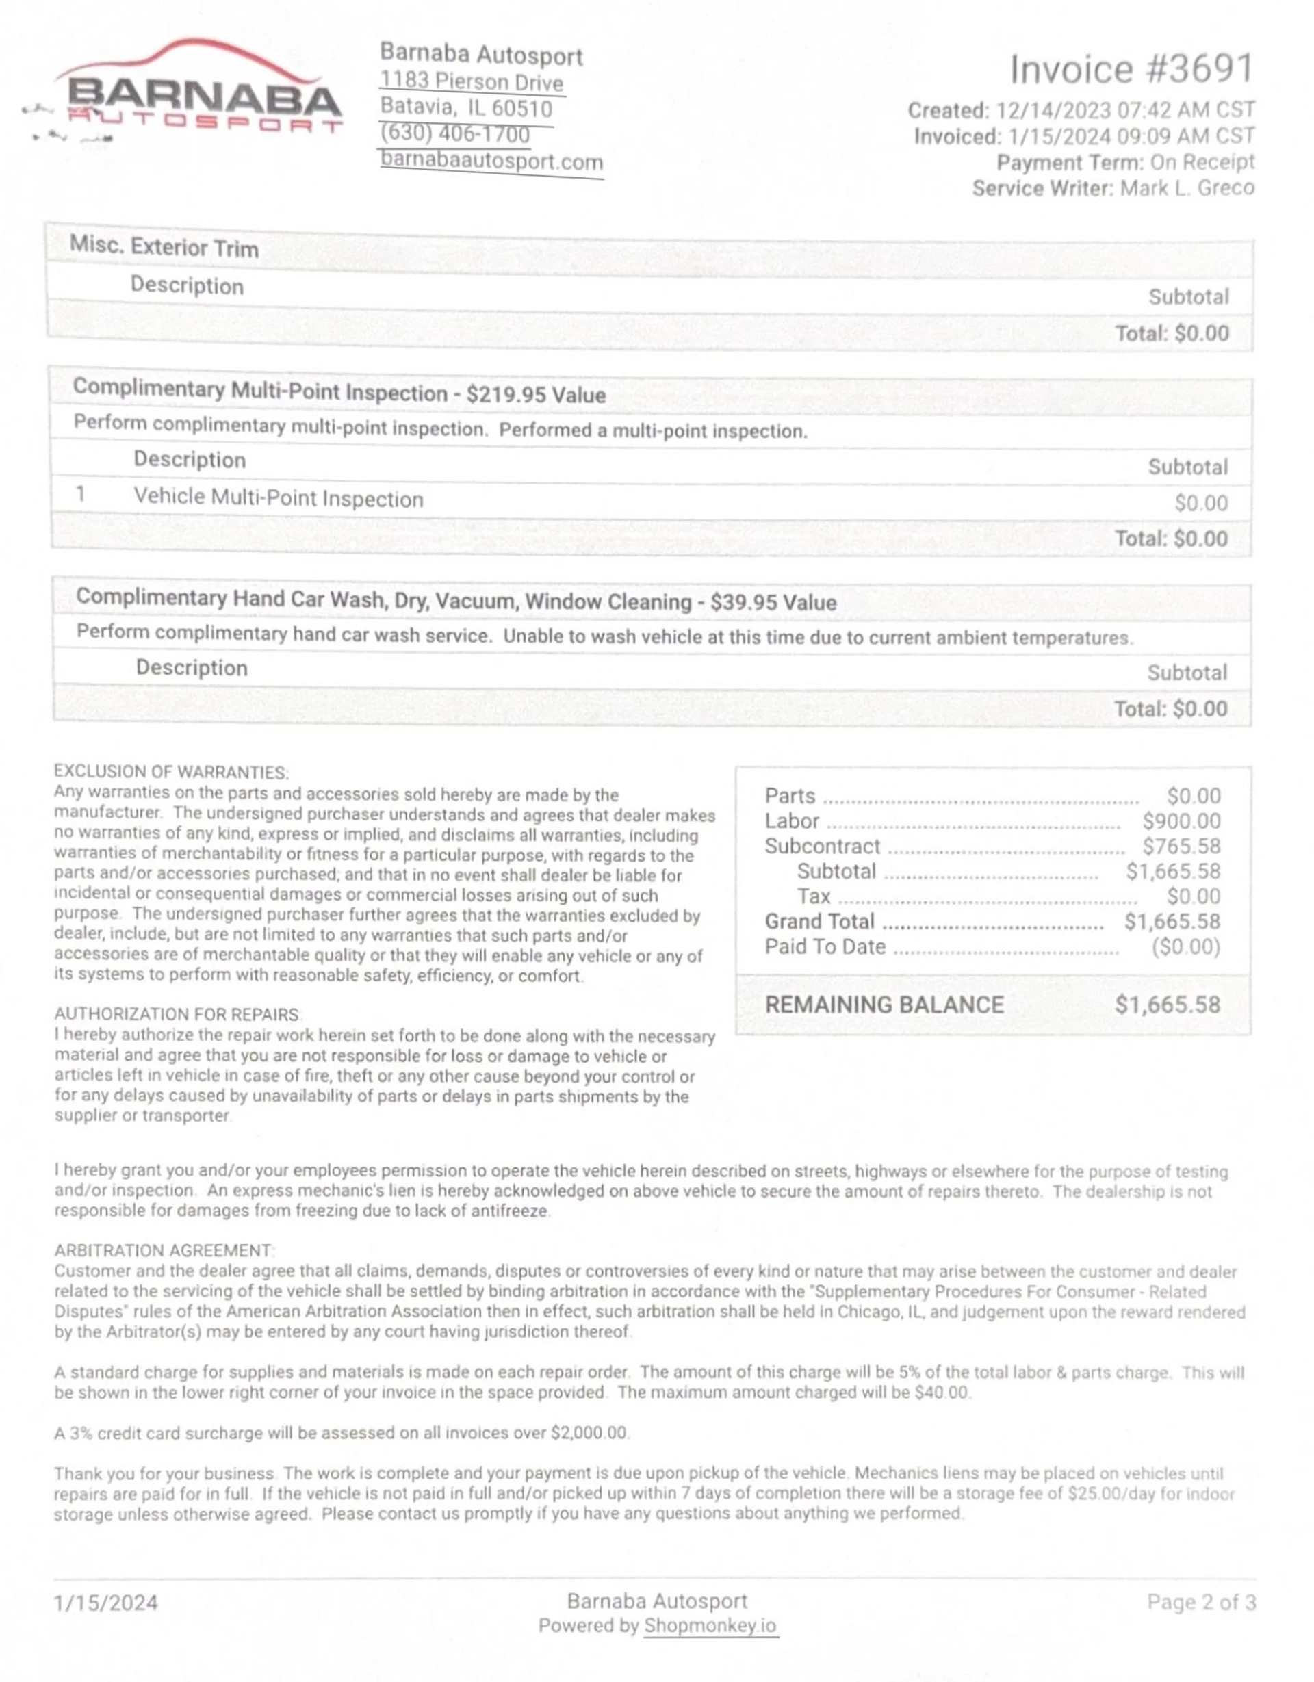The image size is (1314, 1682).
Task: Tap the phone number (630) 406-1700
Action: click(454, 134)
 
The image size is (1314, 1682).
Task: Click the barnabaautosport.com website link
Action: click(491, 161)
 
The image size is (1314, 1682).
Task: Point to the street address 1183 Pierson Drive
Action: click(472, 81)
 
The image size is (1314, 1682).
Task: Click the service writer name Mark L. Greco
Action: click(1187, 189)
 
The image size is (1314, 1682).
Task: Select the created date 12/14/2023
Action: click(1053, 111)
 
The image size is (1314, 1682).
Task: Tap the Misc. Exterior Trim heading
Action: click(164, 246)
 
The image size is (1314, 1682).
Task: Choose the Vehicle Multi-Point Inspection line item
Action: click(278, 498)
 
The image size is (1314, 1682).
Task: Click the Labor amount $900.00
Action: click(1181, 822)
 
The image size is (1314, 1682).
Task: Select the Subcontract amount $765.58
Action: click(1181, 847)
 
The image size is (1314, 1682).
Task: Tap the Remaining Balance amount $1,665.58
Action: click(1167, 1005)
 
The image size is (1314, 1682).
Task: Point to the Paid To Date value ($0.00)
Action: click(1185, 947)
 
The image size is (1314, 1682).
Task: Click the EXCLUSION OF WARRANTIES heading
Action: click(171, 773)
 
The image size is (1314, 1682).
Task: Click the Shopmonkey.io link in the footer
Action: click(710, 1627)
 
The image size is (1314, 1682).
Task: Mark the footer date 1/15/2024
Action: click(105, 1603)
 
